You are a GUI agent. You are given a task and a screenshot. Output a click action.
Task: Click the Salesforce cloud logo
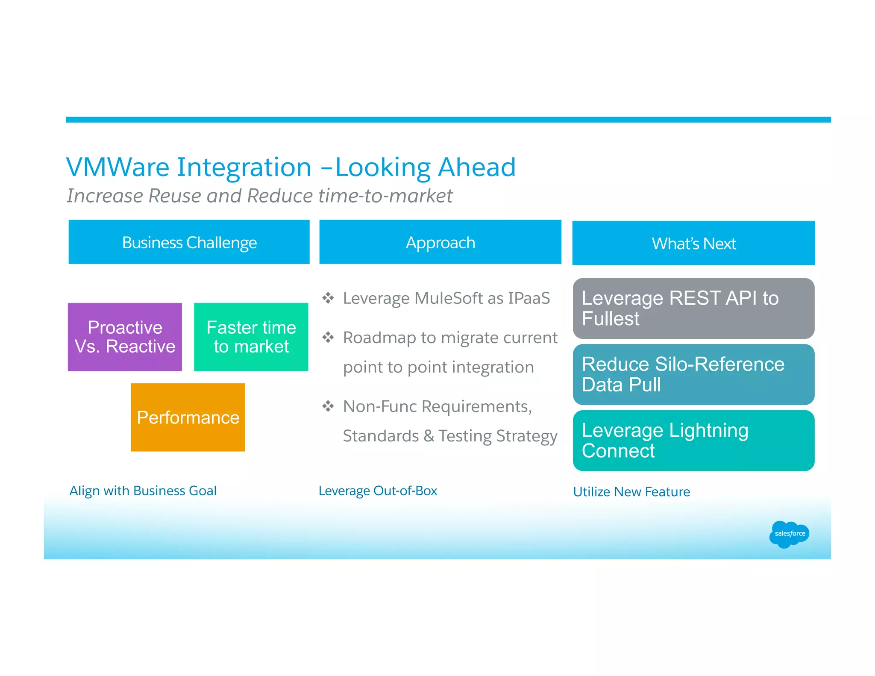(x=789, y=534)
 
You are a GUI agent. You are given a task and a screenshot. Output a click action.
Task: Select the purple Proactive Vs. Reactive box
(x=125, y=337)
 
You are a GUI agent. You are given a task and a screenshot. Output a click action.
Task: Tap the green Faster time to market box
(x=251, y=337)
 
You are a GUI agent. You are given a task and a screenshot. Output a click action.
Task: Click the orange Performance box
(x=188, y=417)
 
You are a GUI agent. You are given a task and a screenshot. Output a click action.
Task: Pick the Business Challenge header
(x=189, y=242)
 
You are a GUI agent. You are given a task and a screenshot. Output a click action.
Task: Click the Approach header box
(x=440, y=242)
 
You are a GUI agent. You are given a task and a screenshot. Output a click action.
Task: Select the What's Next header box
(x=693, y=243)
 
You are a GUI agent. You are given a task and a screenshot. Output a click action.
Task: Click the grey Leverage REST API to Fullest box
(x=693, y=308)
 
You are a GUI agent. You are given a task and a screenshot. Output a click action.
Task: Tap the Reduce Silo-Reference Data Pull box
(x=693, y=374)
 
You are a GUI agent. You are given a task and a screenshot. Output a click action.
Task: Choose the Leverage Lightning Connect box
(x=693, y=441)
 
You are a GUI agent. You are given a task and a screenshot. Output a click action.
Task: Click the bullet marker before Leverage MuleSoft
(x=328, y=298)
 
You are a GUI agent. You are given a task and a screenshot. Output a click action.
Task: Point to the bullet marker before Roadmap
(x=328, y=338)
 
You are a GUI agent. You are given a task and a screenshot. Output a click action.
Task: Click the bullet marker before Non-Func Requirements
(x=328, y=406)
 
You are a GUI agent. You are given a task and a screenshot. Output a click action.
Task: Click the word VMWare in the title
(x=117, y=167)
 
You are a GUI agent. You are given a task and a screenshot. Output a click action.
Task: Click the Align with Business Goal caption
(x=143, y=491)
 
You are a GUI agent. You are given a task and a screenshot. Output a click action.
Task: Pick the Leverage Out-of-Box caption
(x=378, y=491)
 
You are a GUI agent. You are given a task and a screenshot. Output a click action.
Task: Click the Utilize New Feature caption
(x=631, y=492)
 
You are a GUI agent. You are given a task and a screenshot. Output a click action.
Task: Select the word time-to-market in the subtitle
(x=385, y=196)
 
